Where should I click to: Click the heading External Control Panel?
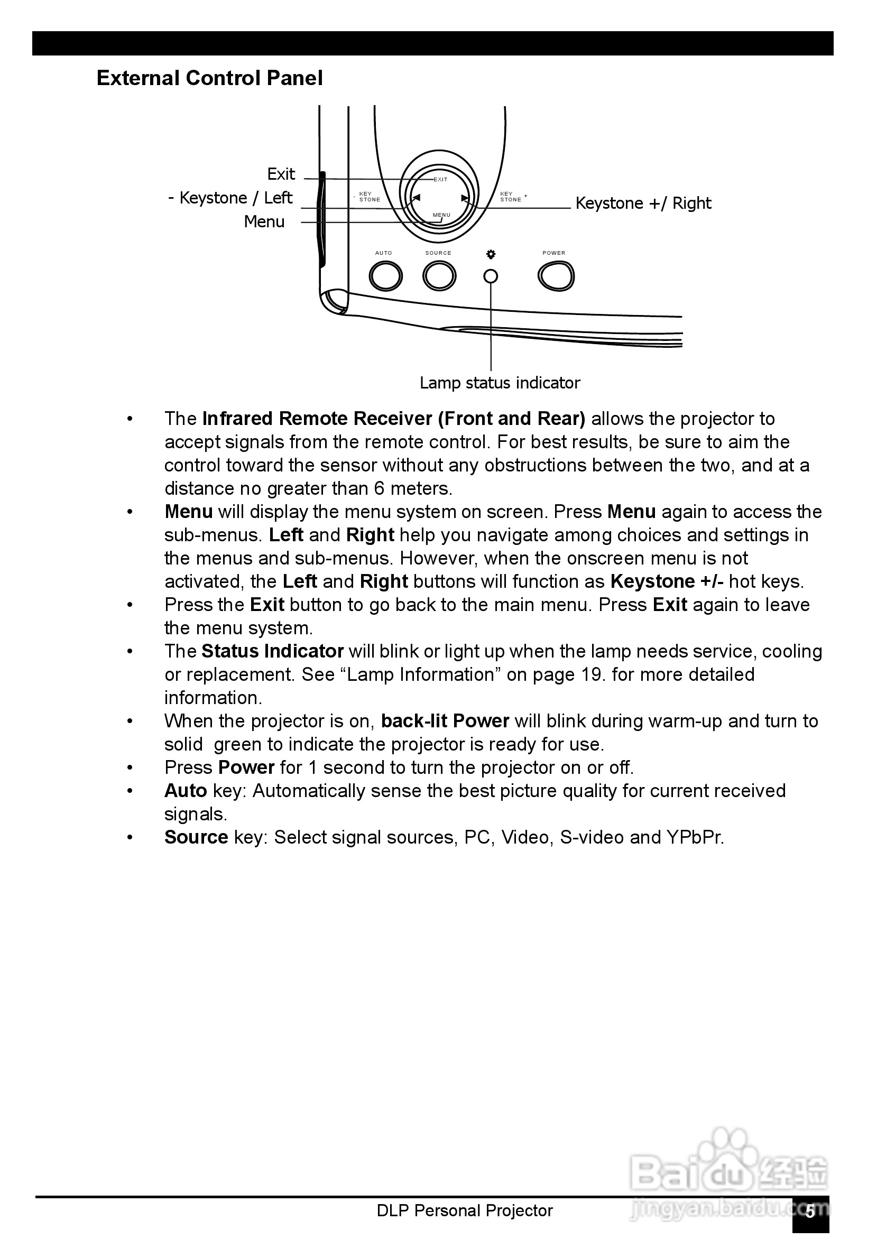[209, 78]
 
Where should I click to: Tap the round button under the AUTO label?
[385, 276]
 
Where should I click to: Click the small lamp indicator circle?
[491, 276]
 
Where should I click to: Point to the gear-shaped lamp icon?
[491, 254]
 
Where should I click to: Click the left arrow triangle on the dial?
[416, 198]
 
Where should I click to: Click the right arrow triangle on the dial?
[465, 198]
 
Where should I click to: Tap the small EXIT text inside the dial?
[440, 180]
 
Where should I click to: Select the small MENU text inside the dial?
[441, 215]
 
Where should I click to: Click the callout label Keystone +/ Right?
[643, 203]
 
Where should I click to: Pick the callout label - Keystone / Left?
[230, 198]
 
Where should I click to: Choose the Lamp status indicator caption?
[500, 383]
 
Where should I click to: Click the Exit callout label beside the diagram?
[281, 174]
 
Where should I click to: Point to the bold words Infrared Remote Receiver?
[318, 419]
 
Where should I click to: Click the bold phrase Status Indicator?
[272, 651]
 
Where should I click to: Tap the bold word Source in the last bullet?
[196, 837]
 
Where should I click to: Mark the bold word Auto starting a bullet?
[186, 791]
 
